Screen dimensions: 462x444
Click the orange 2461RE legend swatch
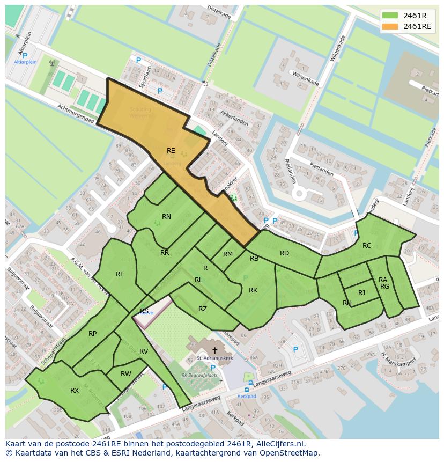[390, 26]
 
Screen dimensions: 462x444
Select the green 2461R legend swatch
[390, 15]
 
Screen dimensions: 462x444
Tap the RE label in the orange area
[171, 151]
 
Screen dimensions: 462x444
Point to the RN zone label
[166, 217]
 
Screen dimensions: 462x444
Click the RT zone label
[120, 274]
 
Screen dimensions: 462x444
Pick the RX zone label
[75, 391]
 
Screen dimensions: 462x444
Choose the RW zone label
[126, 374]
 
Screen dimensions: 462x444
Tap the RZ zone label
[203, 309]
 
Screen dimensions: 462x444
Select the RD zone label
[284, 253]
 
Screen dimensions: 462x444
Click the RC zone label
[367, 246]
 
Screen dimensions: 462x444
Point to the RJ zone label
[362, 292]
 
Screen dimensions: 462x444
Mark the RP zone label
[93, 334]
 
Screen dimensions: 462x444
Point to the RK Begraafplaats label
[199, 375]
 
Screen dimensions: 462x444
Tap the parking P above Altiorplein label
[25, 55]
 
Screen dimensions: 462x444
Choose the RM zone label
[228, 254]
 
